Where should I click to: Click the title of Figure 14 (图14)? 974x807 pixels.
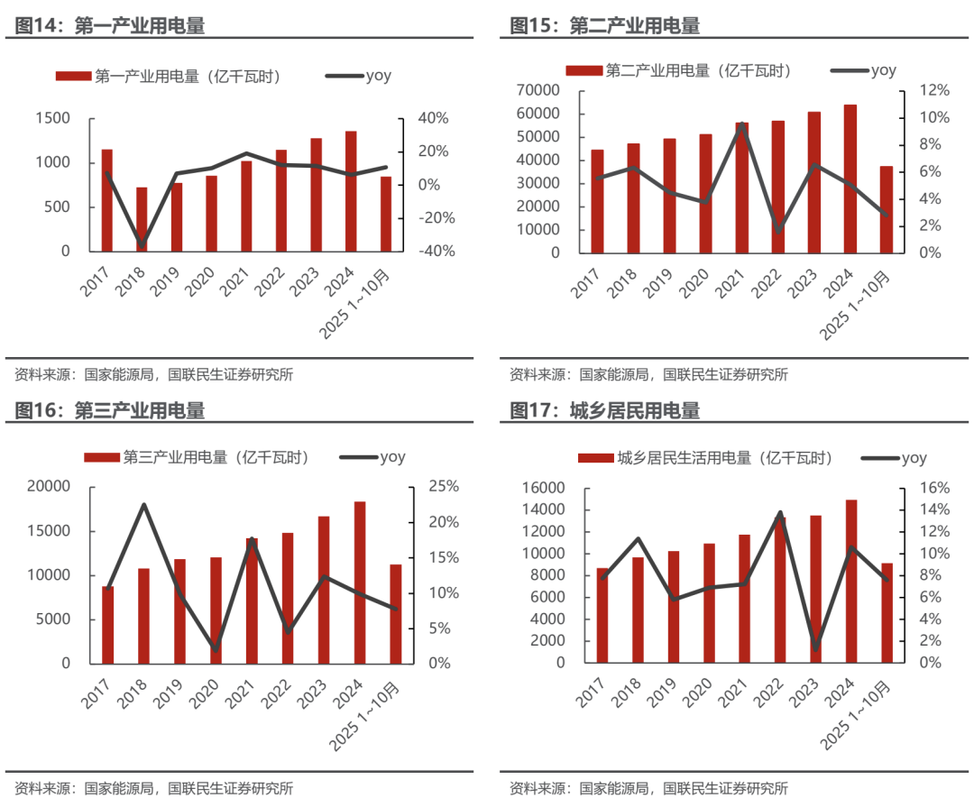pyautogui.click(x=109, y=25)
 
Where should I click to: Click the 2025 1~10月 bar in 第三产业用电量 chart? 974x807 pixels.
pyautogui.click(x=396, y=613)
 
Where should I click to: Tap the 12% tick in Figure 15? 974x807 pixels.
pyautogui.click(x=933, y=90)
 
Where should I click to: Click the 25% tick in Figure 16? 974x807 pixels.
pyautogui.click(x=443, y=487)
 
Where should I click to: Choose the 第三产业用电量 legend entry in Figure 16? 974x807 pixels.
pyautogui.click(x=198, y=457)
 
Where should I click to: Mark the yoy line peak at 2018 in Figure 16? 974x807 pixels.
pyautogui.click(x=143, y=505)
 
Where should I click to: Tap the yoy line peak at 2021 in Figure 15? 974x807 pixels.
pyautogui.click(x=741, y=125)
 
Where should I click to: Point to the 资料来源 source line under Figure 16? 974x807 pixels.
pyautogui.click(x=153, y=788)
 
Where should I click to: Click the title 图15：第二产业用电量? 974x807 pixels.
pyautogui.click(x=604, y=25)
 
